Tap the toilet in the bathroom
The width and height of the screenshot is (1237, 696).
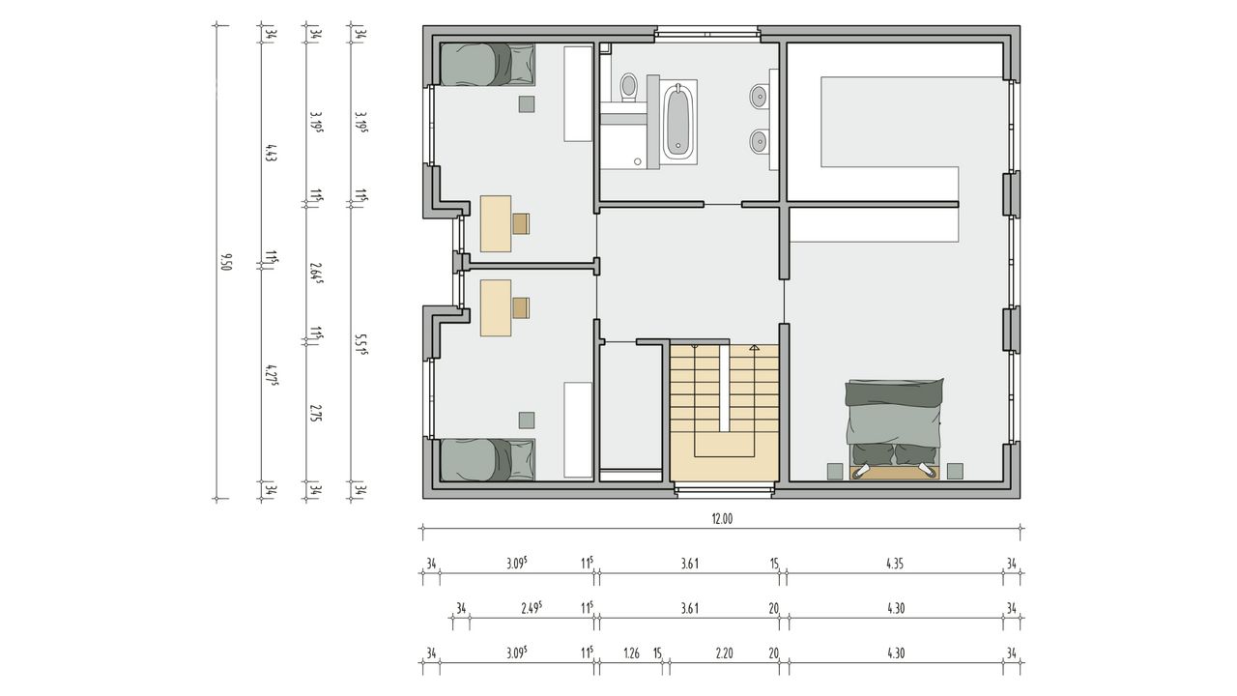[628, 88]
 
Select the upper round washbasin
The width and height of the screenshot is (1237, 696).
[760, 97]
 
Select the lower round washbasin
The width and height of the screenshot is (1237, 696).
[760, 141]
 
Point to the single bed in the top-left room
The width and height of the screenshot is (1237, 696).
[488, 65]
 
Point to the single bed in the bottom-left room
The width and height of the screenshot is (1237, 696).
[488, 459]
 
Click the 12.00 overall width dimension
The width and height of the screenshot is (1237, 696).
[722, 519]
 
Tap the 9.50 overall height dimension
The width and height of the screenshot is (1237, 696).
[225, 262]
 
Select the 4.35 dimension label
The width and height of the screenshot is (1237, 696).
[895, 564]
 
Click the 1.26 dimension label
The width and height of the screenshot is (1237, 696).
[631, 652]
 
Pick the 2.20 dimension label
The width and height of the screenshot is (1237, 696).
[724, 652]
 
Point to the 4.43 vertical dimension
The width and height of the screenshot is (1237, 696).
[271, 153]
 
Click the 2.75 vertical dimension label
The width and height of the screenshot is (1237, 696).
[315, 413]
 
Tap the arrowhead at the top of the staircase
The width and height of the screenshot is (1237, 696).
[754, 347]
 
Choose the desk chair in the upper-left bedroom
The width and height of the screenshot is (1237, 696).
[521, 223]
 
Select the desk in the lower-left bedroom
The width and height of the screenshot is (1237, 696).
[496, 307]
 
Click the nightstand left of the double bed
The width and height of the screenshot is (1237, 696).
[834, 471]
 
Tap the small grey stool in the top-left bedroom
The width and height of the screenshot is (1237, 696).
[527, 104]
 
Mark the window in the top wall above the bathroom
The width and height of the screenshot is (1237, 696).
[707, 34]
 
